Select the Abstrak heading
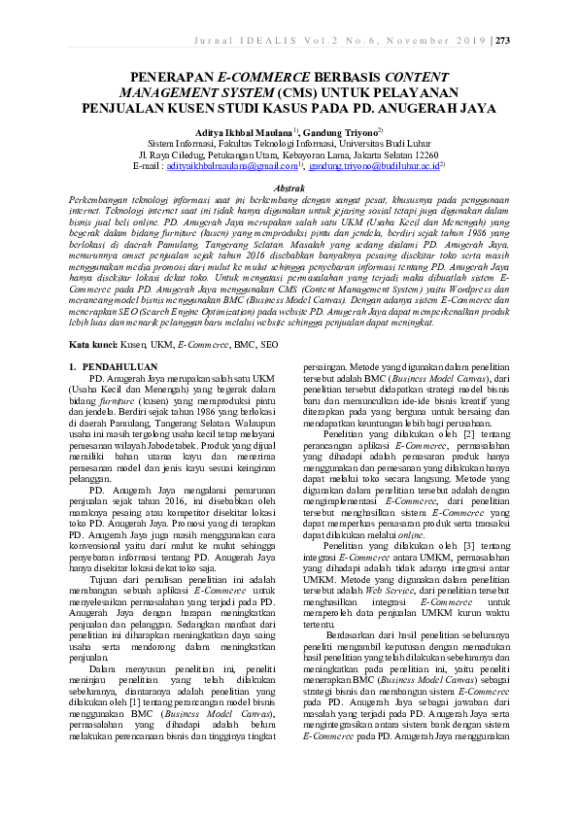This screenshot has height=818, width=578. (x=289, y=186)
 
